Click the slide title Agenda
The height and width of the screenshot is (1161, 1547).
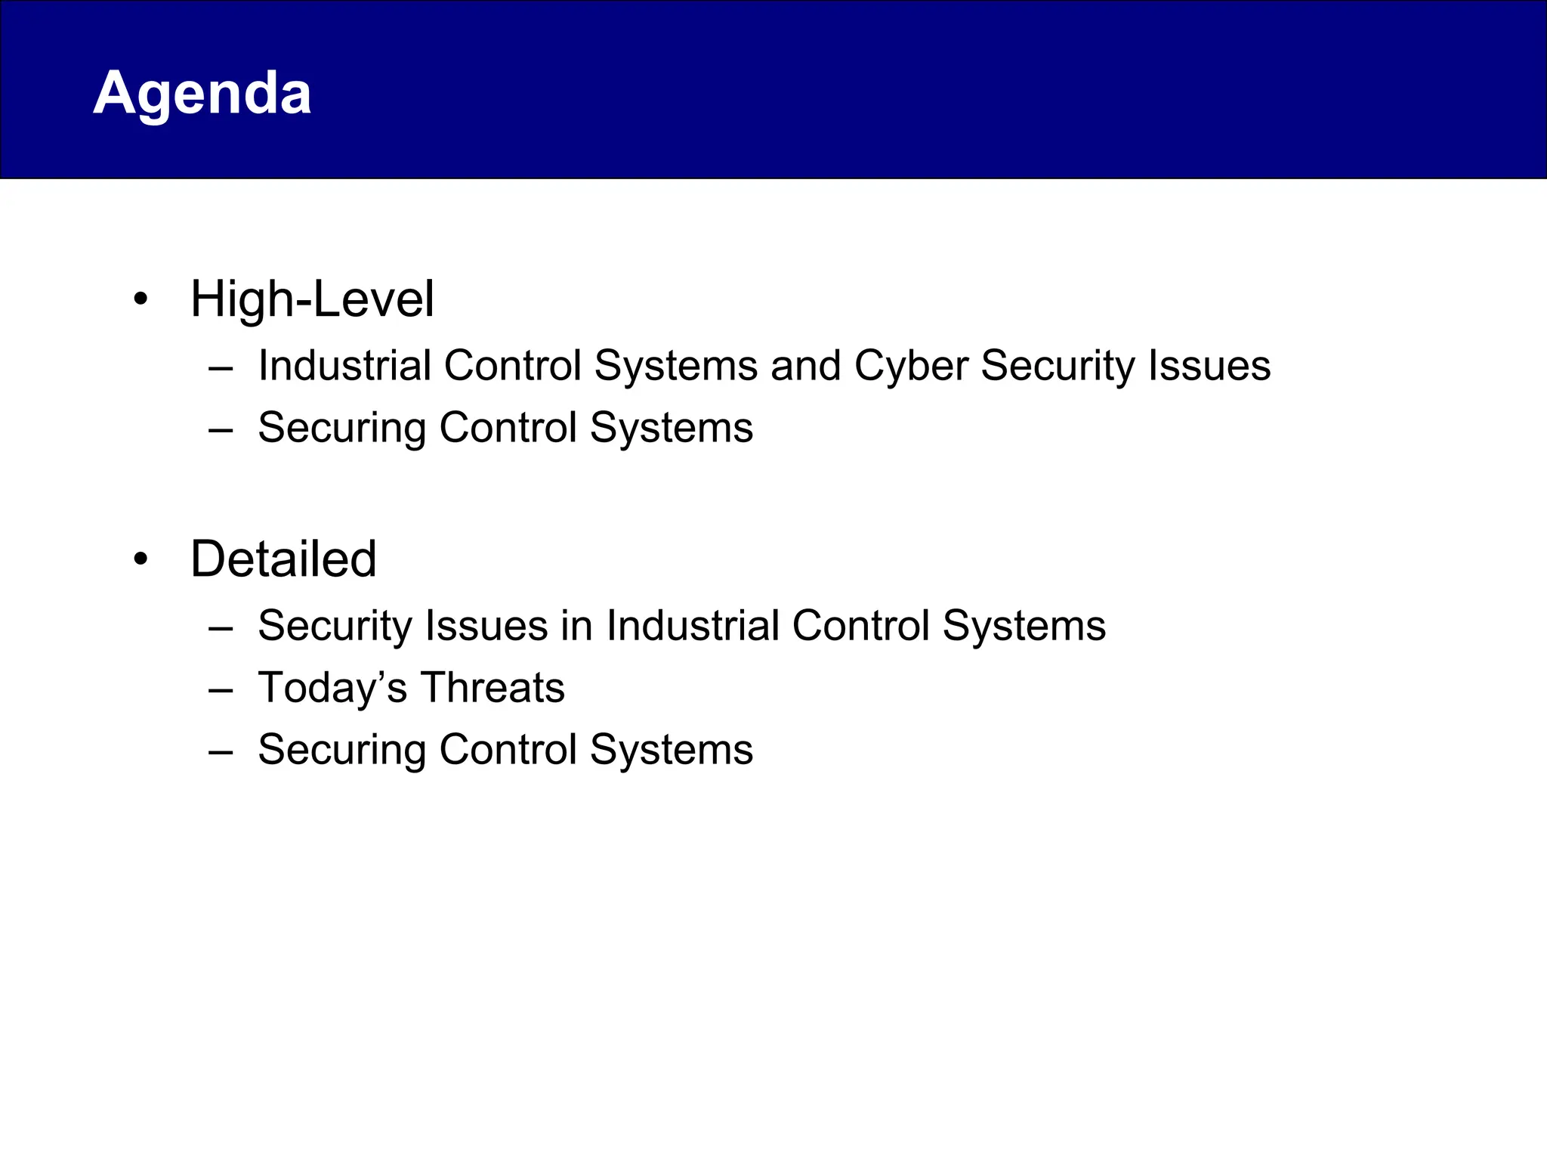click(202, 94)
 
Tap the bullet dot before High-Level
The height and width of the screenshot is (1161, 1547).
click(140, 299)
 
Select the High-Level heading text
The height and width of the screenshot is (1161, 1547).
click(312, 299)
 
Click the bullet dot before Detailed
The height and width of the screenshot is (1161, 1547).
click(140, 560)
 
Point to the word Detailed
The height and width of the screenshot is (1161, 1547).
click(283, 560)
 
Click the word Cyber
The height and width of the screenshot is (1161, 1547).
click(911, 367)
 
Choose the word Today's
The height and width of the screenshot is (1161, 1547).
click(332, 689)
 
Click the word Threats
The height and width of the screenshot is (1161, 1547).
click(493, 689)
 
